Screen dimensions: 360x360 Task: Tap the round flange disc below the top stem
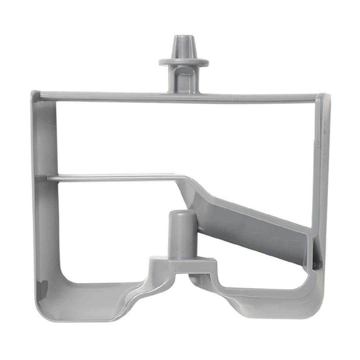click(x=183, y=62)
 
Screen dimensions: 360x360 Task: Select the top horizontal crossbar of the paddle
click(x=133, y=97)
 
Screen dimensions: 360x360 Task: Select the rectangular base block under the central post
click(x=183, y=265)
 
